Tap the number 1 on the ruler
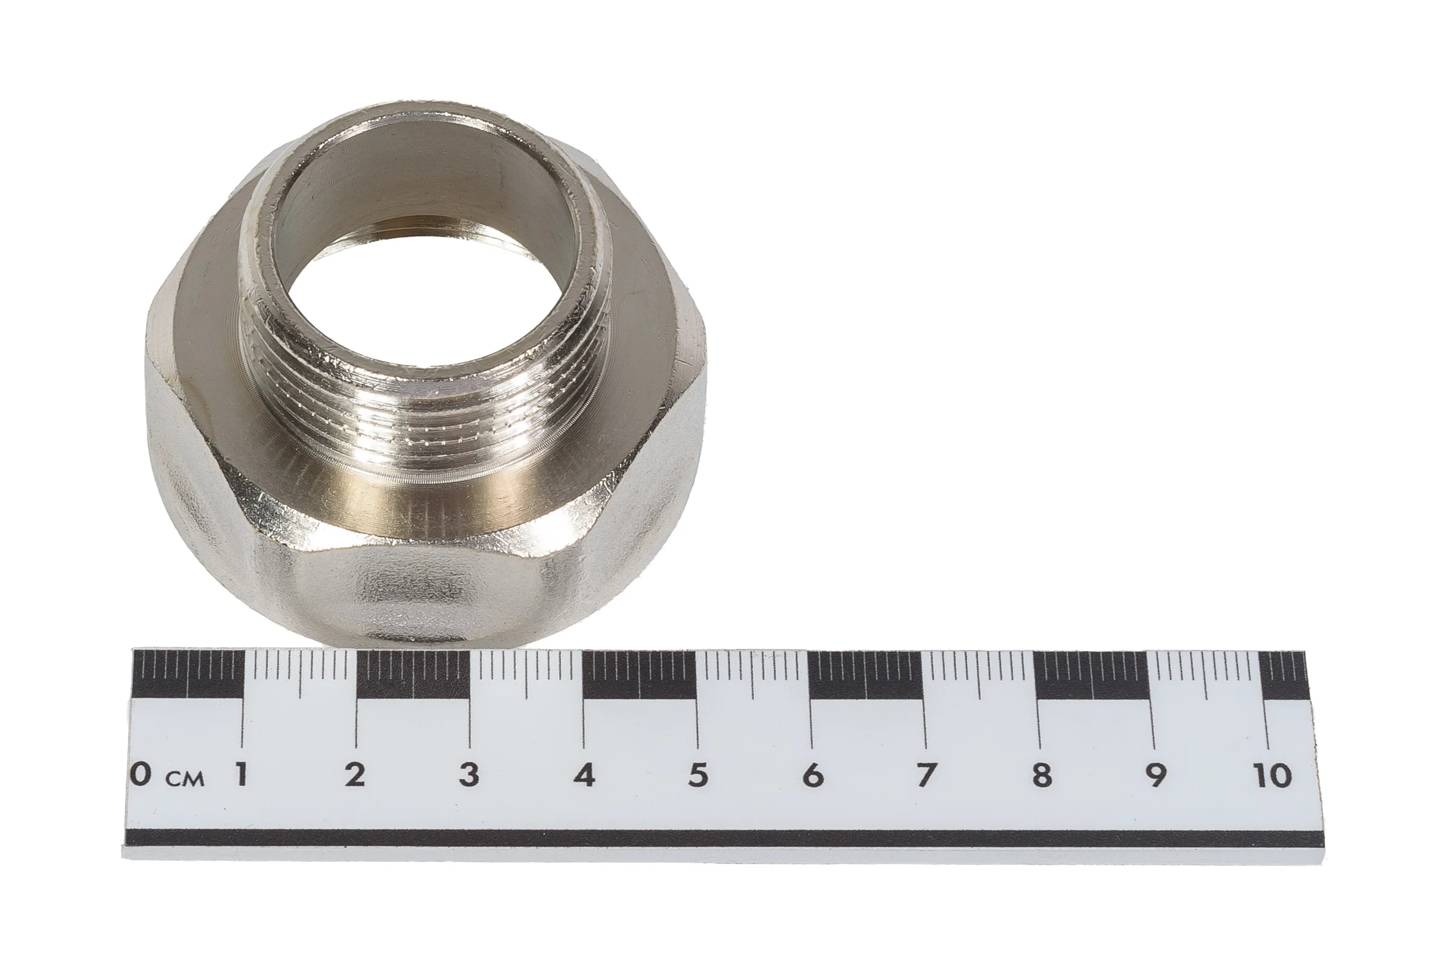[241, 774]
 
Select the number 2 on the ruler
[355, 774]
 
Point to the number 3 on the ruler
[469, 774]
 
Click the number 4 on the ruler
[584, 775]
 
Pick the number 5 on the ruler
[698, 775]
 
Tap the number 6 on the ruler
[813, 775]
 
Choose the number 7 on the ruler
[926, 775]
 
